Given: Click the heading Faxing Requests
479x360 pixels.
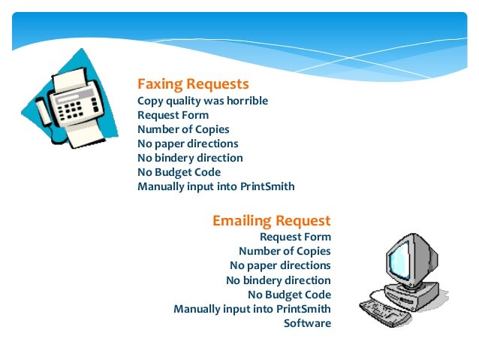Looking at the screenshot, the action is pyautogui.click(x=193, y=83).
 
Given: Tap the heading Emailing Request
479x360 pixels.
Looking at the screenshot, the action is pyautogui.click(x=271, y=221).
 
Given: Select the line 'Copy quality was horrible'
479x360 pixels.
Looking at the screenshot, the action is pyautogui.click(x=203, y=101).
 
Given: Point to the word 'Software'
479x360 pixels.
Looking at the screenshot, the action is pyautogui.click(x=306, y=323).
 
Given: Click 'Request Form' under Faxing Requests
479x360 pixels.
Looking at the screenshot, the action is pyautogui.click(x=173, y=115).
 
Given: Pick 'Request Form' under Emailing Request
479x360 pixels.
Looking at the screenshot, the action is pyautogui.click(x=294, y=237).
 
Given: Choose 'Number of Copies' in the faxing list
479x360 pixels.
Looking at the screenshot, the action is pyautogui.click(x=183, y=129).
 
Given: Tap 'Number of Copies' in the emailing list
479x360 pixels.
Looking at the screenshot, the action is pyautogui.click(x=285, y=251).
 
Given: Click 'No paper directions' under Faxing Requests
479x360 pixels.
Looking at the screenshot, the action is pyautogui.click(x=188, y=144).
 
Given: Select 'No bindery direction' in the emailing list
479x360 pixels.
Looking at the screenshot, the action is pyautogui.click(x=278, y=280).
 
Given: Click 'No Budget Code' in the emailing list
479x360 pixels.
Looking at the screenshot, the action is pyautogui.click(x=289, y=295).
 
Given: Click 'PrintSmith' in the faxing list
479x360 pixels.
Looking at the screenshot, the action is pyautogui.click(x=267, y=186).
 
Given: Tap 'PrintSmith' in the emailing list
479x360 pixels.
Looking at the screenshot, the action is pyautogui.click(x=303, y=309).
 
